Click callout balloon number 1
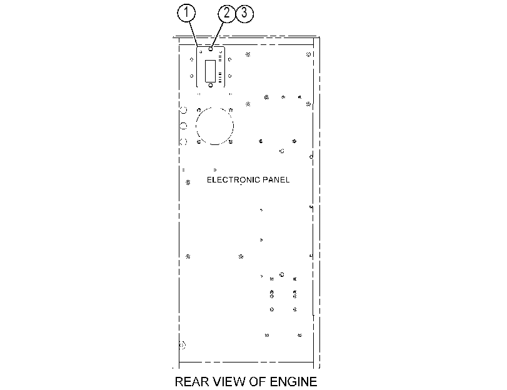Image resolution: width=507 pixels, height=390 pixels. pos(186,12)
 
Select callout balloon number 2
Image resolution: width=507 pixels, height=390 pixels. pos(227,13)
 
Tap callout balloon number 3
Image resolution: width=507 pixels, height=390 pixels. pos(244,13)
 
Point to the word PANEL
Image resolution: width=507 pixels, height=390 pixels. pos(276,180)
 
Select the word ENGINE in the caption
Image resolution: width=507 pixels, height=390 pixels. pos(293,382)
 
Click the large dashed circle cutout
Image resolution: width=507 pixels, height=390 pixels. pos(196,126)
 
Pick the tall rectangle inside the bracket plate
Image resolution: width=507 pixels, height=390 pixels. pos(205,71)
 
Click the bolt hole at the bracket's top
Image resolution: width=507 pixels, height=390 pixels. pos(211,49)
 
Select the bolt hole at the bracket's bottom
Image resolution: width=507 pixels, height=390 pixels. pos(211,85)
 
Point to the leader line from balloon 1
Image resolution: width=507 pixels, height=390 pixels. pos(193,34)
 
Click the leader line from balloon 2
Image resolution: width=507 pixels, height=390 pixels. pos(218,34)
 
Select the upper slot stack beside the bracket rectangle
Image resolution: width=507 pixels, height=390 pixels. pos(220,58)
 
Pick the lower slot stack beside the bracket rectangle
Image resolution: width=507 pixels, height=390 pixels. pos(220,77)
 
